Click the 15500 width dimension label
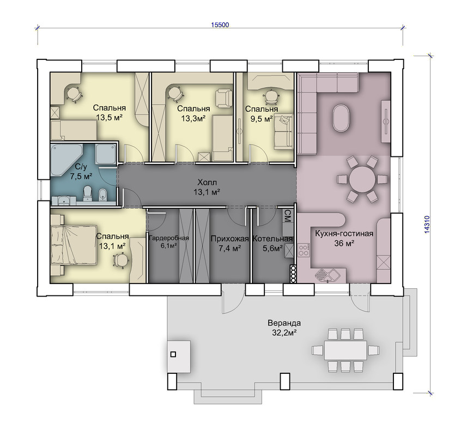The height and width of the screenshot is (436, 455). (x=220, y=25)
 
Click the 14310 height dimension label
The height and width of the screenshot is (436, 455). (x=427, y=225)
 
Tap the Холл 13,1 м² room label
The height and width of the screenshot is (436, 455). (x=207, y=187)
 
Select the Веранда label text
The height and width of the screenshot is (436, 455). (x=284, y=323)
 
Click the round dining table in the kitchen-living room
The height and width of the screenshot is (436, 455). (x=362, y=179)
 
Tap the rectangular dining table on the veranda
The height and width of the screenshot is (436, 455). (x=345, y=350)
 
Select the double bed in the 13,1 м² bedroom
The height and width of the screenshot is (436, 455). (x=74, y=244)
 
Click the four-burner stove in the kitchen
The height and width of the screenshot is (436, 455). (x=304, y=250)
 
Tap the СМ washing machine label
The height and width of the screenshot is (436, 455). (x=287, y=216)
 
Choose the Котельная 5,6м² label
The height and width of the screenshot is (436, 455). (x=272, y=244)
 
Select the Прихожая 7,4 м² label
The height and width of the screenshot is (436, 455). (x=229, y=244)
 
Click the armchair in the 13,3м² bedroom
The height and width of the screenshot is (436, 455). (x=224, y=98)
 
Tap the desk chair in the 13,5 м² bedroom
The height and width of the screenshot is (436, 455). (x=74, y=94)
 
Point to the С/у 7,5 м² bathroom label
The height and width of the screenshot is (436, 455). (x=81, y=171)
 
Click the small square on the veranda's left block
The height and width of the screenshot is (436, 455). (x=173, y=354)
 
